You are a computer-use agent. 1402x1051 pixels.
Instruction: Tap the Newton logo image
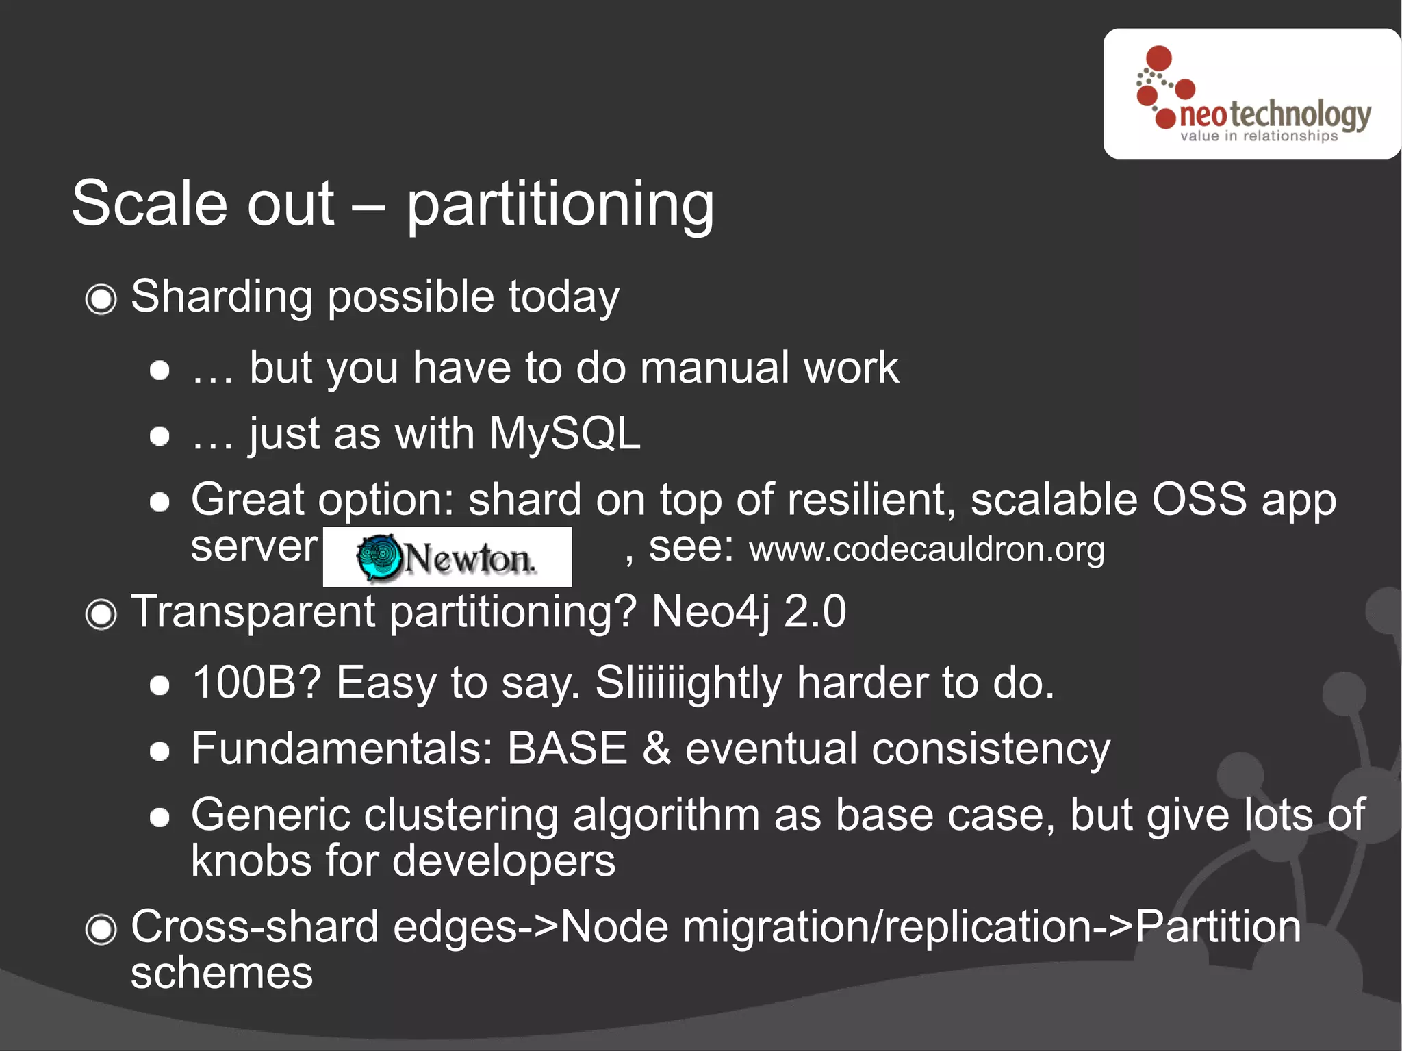pyautogui.click(x=447, y=557)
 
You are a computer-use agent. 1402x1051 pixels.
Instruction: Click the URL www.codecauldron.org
pyautogui.click(x=927, y=550)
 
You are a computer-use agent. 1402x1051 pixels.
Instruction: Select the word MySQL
pyautogui.click(x=564, y=434)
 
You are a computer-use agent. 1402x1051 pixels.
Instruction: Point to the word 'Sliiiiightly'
pyautogui.click(x=688, y=683)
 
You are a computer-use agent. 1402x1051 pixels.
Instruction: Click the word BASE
pyautogui.click(x=567, y=748)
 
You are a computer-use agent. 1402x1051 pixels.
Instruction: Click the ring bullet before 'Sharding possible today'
pyautogui.click(x=101, y=299)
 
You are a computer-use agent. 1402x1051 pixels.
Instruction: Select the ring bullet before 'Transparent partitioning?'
pyautogui.click(x=101, y=614)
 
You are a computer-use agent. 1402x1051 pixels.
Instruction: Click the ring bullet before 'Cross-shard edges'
pyautogui.click(x=101, y=930)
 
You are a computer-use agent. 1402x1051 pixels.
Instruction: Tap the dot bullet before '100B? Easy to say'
pyautogui.click(x=160, y=685)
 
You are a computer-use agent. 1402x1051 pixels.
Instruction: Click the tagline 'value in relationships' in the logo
pyautogui.click(x=1258, y=136)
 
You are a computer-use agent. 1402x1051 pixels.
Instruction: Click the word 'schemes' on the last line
pyautogui.click(x=221, y=974)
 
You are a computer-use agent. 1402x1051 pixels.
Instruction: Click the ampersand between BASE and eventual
pyautogui.click(x=656, y=748)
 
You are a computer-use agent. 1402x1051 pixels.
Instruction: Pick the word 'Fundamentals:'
pyautogui.click(x=342, y=748)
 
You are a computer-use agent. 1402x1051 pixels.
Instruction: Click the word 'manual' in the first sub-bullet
pyautogui.click(x=714, y=368)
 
